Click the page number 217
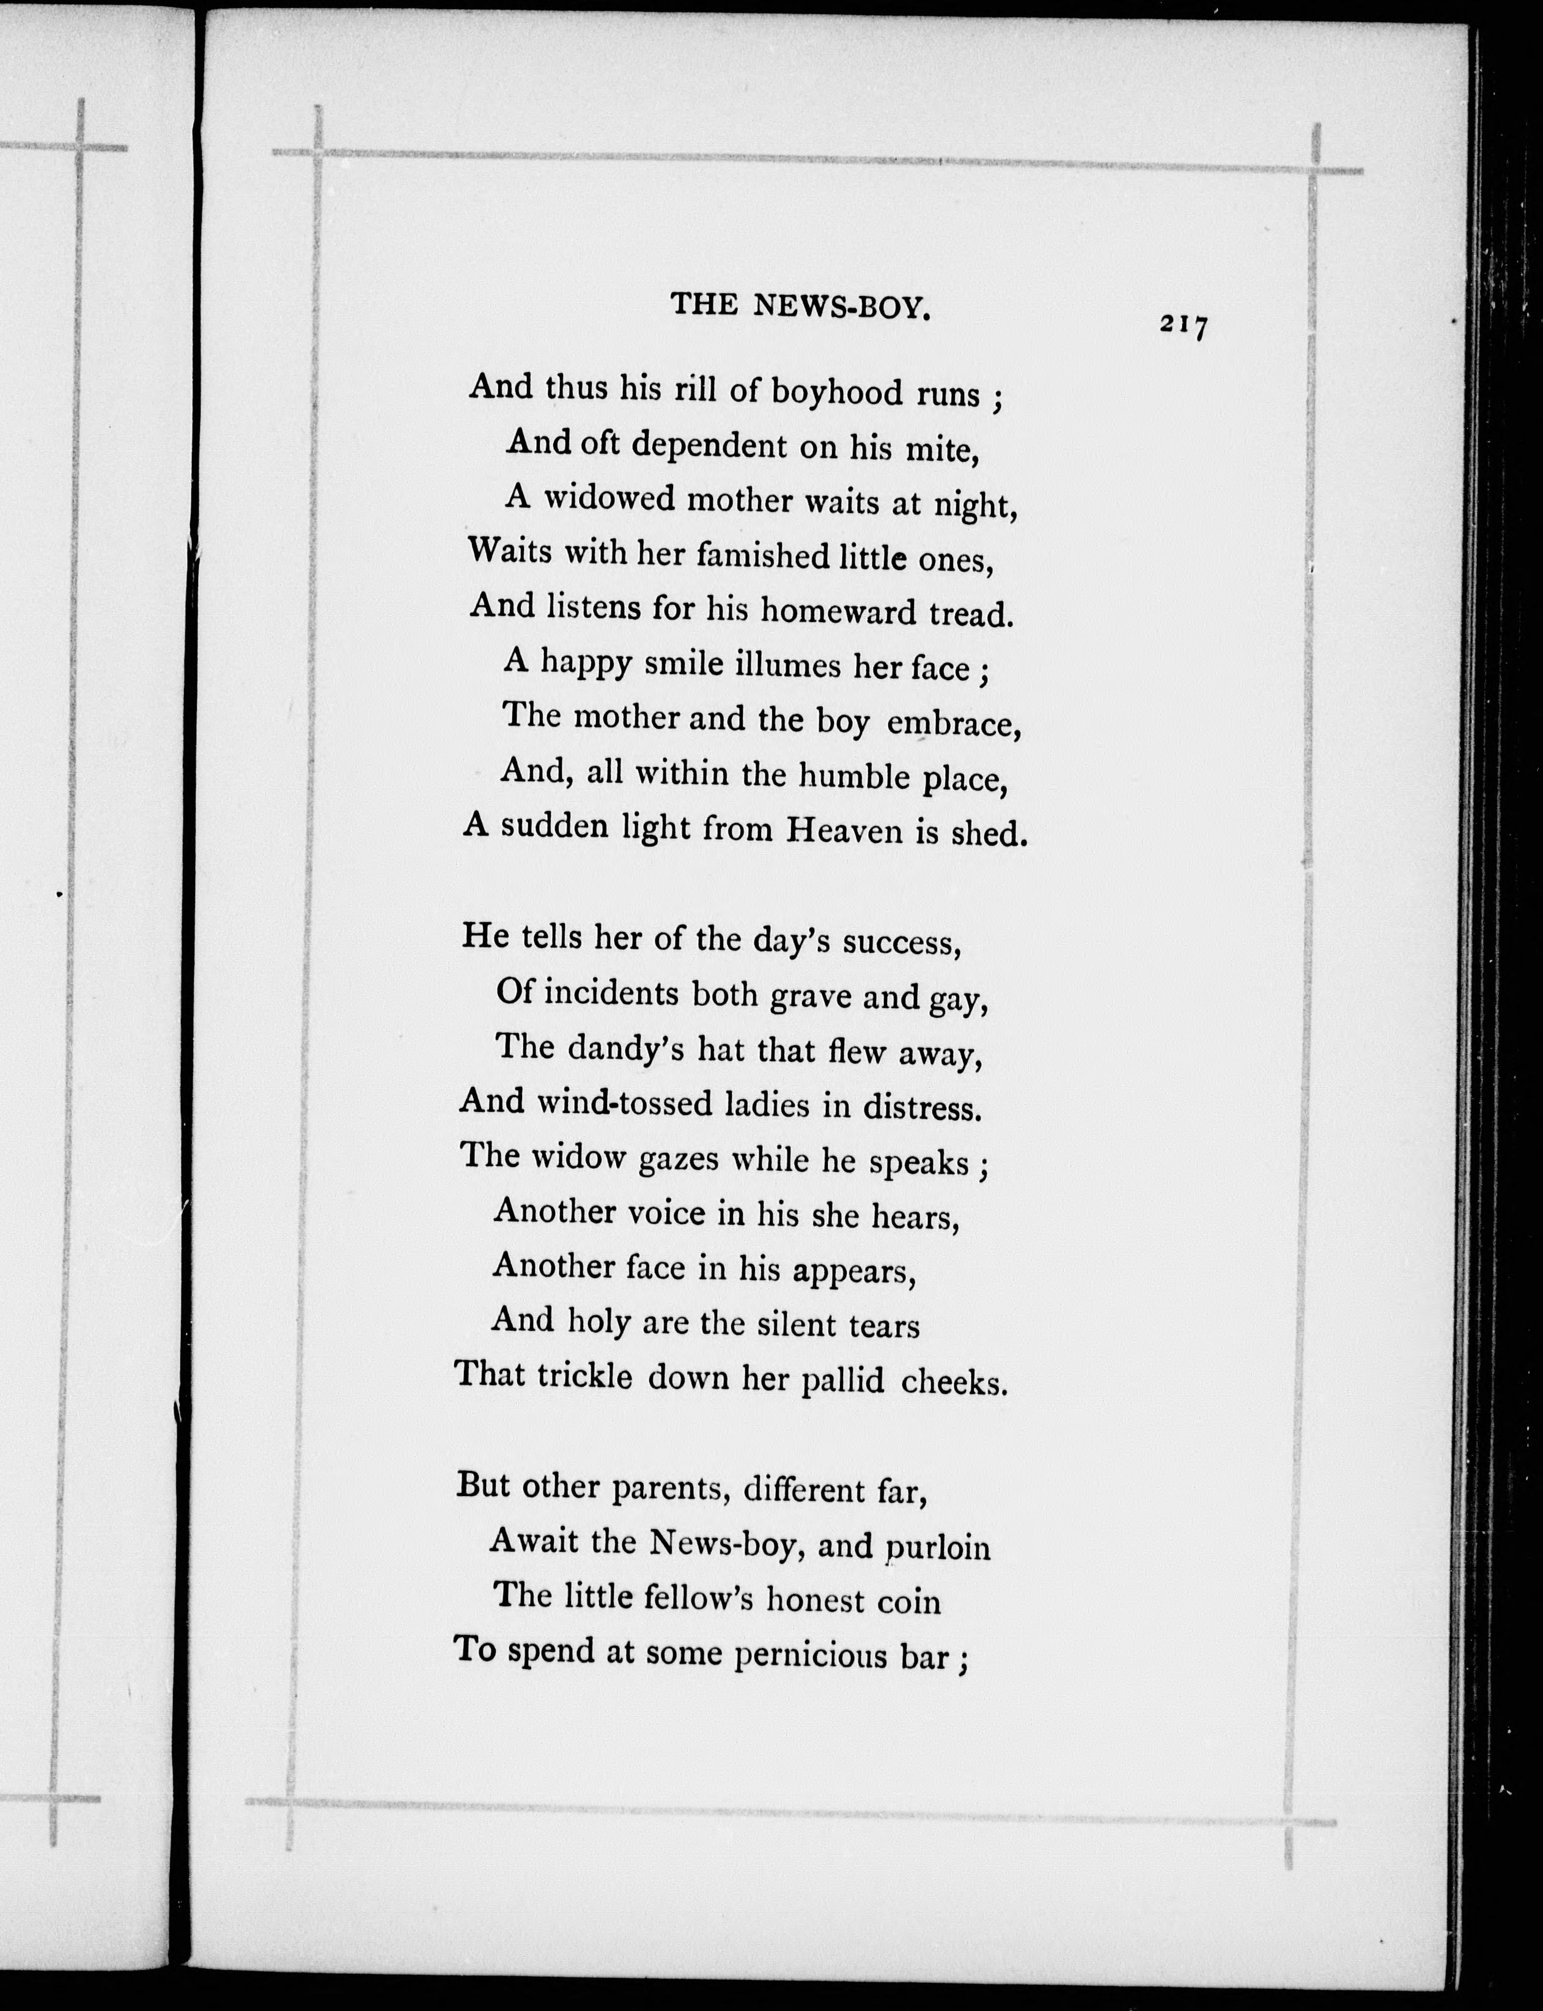coord(1183,325)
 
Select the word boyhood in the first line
coord(837,393)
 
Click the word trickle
coord(585,1376)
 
